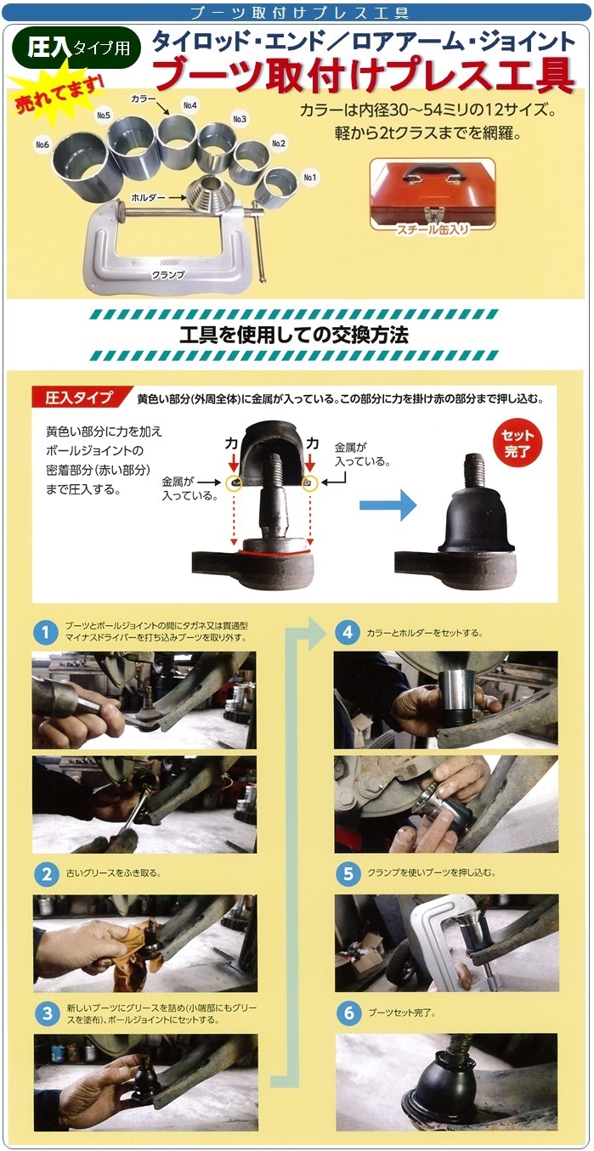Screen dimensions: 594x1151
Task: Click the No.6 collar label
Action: pyautogui.click(x=42, y=145)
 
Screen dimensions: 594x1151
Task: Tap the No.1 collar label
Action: pyautogui.click(x=310, y=178)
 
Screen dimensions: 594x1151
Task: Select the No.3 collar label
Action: pyautogui.click(x=240, y=119)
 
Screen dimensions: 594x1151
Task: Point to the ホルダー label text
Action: pyautogui.click(x=149, y=197)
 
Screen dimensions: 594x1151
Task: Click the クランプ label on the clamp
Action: pyautogui.click(x=167, y=275)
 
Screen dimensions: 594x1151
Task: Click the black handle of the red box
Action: pyautogui.click(x=433, y=172)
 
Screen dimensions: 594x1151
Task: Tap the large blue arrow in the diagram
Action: pyautogui.click(x=388, y=505)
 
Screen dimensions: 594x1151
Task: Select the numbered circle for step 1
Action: pyautogui.click(x=46, y=632)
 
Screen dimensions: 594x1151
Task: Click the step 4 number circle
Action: pyautogui.click(x=348, y=633)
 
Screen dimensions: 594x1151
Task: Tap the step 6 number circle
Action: pyautogui.click(x=348, y=1013)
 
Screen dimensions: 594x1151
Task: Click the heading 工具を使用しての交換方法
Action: pyautogui.click(x=294, y=336)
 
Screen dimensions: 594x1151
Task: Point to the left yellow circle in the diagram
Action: pyautogui.click(x=234, y=482)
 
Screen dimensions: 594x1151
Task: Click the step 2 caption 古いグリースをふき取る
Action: pyautogui.click(x=114, y=873)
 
